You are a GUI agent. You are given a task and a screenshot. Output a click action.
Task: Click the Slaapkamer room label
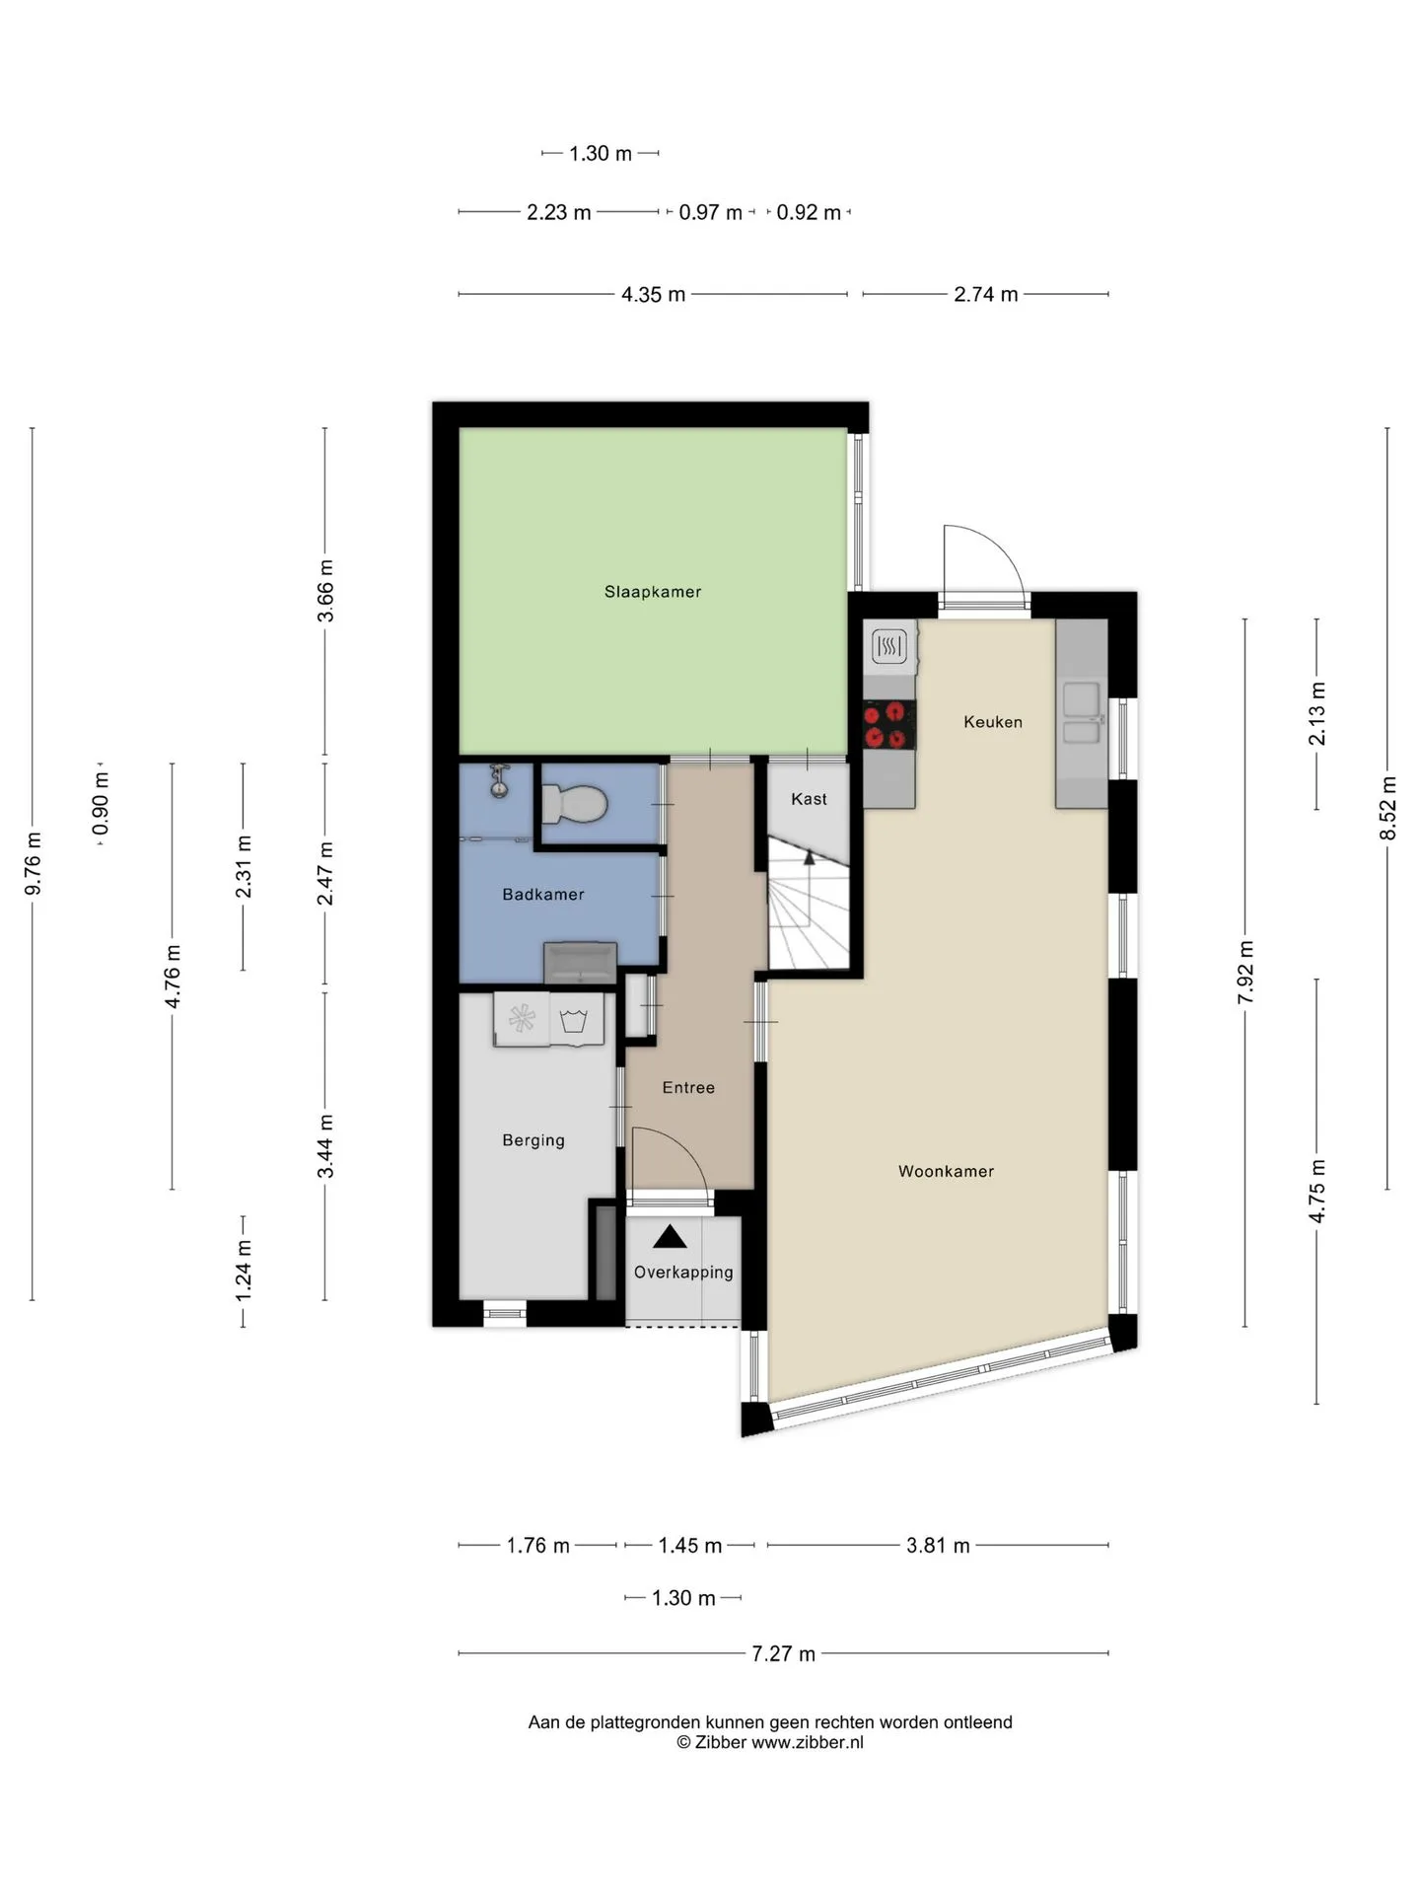tap(653, 592)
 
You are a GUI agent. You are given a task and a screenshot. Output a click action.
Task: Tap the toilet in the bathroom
tap(573, 804)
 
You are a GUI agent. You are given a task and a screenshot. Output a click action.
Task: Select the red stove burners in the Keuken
tap(889, 725)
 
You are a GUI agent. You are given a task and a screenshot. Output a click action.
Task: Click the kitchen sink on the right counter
tap(1082, 713)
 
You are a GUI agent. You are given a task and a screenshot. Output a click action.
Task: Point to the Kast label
tap(809, 799)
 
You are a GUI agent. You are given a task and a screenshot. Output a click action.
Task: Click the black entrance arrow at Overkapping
tap(670, 1236)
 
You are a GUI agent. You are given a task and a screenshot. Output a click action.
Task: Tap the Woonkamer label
tap(946, 1171)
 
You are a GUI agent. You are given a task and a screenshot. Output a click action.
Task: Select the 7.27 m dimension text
tap(784, 1654)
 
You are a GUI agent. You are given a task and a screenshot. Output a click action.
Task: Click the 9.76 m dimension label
tap(34, 864)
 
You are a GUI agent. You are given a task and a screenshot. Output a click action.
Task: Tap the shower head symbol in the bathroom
tap(500, 780)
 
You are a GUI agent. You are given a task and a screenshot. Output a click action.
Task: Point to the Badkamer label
tap(543, 895)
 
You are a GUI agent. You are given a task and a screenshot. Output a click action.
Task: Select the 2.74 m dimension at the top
tap(986, 294)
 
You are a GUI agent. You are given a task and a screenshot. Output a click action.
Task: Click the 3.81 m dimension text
tap(938, 1546)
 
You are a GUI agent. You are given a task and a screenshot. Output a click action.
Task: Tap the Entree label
tap(688, 1088)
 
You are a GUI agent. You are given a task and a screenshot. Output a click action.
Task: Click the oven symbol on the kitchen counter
tap(889, 647)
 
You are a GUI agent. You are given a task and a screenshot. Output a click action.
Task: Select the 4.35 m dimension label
tap(653, 294)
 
